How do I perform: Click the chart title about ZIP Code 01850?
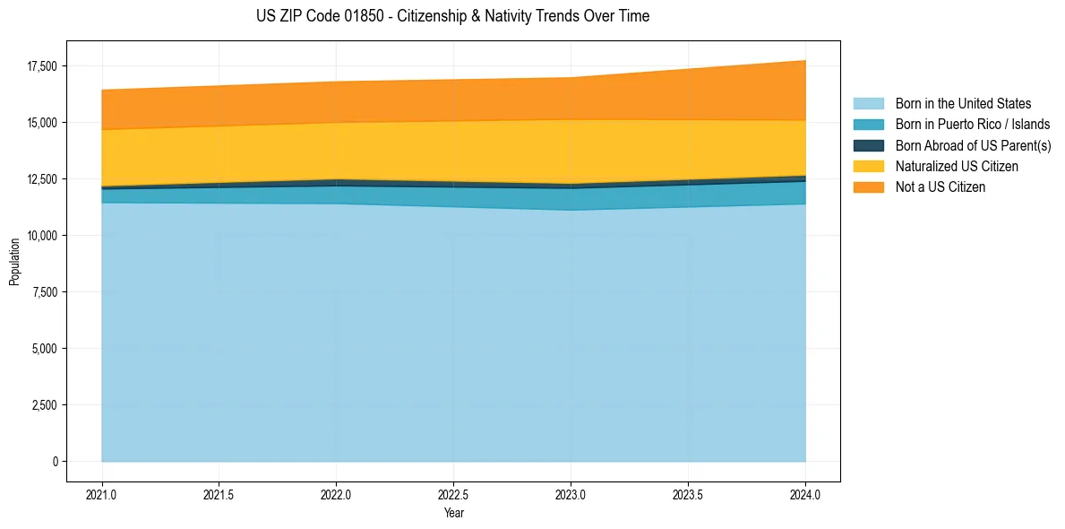(452, 16)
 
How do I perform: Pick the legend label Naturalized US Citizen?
(957, 167)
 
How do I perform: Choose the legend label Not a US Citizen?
(940, 187)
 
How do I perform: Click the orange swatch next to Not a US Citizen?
(868, 187)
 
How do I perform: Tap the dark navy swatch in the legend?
(868, 145)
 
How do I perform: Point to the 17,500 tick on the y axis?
(41, 66)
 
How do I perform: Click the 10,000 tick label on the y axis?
(41, 236)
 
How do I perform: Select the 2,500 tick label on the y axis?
(44, 405)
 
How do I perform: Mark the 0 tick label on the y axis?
(54, 462)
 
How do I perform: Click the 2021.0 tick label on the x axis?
(102, 494)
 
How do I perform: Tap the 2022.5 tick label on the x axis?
(453, 494)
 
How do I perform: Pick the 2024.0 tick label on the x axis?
(805, 494)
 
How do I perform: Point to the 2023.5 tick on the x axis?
(688, 494)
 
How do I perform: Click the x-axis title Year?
(453, 514)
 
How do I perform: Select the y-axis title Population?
(14, 262)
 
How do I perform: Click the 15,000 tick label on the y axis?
(41, 123)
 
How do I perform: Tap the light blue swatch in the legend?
(868, 104)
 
